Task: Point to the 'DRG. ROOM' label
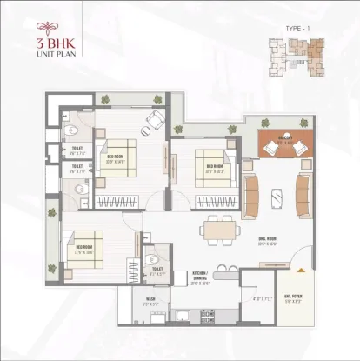tap(263, 242)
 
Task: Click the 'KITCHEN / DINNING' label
tap(203, 280)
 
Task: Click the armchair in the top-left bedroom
tap(156, 120)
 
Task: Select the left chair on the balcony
tap(268, 147)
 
